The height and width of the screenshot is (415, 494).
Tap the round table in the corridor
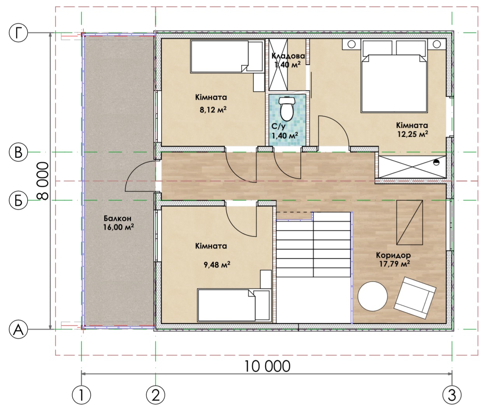tap(372, 296)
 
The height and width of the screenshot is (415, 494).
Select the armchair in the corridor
tap(415, 298)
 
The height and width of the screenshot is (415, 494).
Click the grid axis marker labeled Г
tap(19, 33)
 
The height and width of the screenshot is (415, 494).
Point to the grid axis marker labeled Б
tap(19, 200)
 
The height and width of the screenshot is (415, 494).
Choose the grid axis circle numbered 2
tap(155, 395)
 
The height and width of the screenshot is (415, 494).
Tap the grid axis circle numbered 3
tap(452, 395)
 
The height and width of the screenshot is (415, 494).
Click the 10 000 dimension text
tap(267, 366)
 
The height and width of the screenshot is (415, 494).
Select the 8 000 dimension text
tap(43, 181)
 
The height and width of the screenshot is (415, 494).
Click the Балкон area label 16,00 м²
tap(118, 227)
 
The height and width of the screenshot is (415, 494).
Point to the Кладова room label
tap(288, 56)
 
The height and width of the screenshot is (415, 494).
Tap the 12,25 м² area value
tap(412, 134)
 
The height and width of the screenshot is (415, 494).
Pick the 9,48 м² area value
tap(217, 265)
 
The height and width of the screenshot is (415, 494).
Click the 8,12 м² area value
tap(213, 110)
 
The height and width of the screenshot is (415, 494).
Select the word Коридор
tap(393, 255)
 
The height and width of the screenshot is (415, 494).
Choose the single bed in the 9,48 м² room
tap(234, 305)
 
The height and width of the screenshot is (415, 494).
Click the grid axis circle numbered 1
tap(82, 395)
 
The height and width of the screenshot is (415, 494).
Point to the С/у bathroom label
tap(278, 126)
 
